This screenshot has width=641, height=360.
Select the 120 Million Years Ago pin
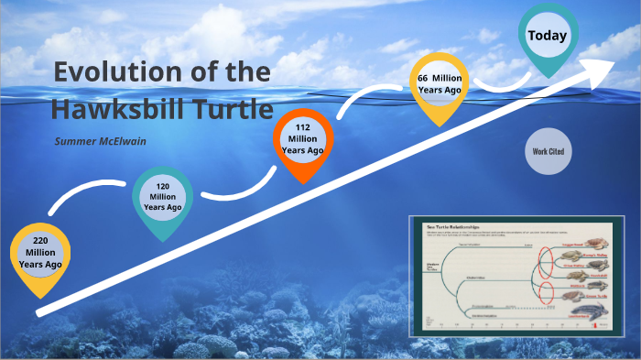pyautogui.click(x=162, y=196)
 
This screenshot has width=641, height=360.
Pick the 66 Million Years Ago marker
pyautogui.click(x=439, y=83)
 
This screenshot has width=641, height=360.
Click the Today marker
pyautogui.click(x=548, y=37)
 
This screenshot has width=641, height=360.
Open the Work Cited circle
pyautogui.click(x=548, y=151)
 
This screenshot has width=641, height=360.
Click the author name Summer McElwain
pyautogui.click(x=102, y=141)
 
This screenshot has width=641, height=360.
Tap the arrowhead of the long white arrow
pyautogui.click(x=603, y=63)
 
